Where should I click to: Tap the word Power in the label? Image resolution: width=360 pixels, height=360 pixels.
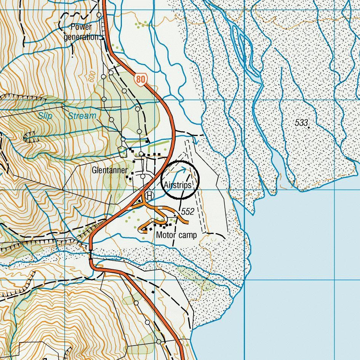(x=82, y=27)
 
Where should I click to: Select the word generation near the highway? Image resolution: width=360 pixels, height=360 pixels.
(x=81, y=37)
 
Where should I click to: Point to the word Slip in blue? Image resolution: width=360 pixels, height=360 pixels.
(x=45, y=116)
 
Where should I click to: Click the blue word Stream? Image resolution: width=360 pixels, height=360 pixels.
(x=82, y=116)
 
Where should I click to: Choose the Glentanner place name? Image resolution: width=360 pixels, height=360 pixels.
(x=110, y=170)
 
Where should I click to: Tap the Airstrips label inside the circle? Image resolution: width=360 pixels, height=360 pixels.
(x=177, y=185)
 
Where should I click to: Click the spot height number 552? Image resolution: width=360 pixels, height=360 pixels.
(x=187, y=211)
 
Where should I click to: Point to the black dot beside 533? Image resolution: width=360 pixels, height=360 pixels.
(x=309, y=127)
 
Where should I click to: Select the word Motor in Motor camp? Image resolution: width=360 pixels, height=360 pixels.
(x=166, y=235)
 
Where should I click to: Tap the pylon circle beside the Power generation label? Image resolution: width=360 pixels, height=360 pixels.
(x=99, y=15)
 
